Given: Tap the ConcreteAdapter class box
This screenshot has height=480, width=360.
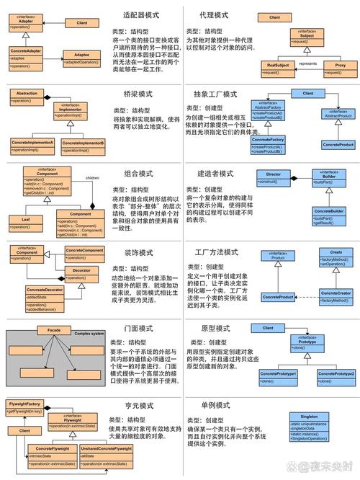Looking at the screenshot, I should pyautogui.click(x=26, y=57).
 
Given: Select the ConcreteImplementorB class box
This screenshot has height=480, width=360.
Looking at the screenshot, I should pyautogui.click(x=82, y=147).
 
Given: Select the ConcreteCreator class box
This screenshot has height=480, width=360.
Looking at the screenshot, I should pyautogui.click(x=336, y=296).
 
